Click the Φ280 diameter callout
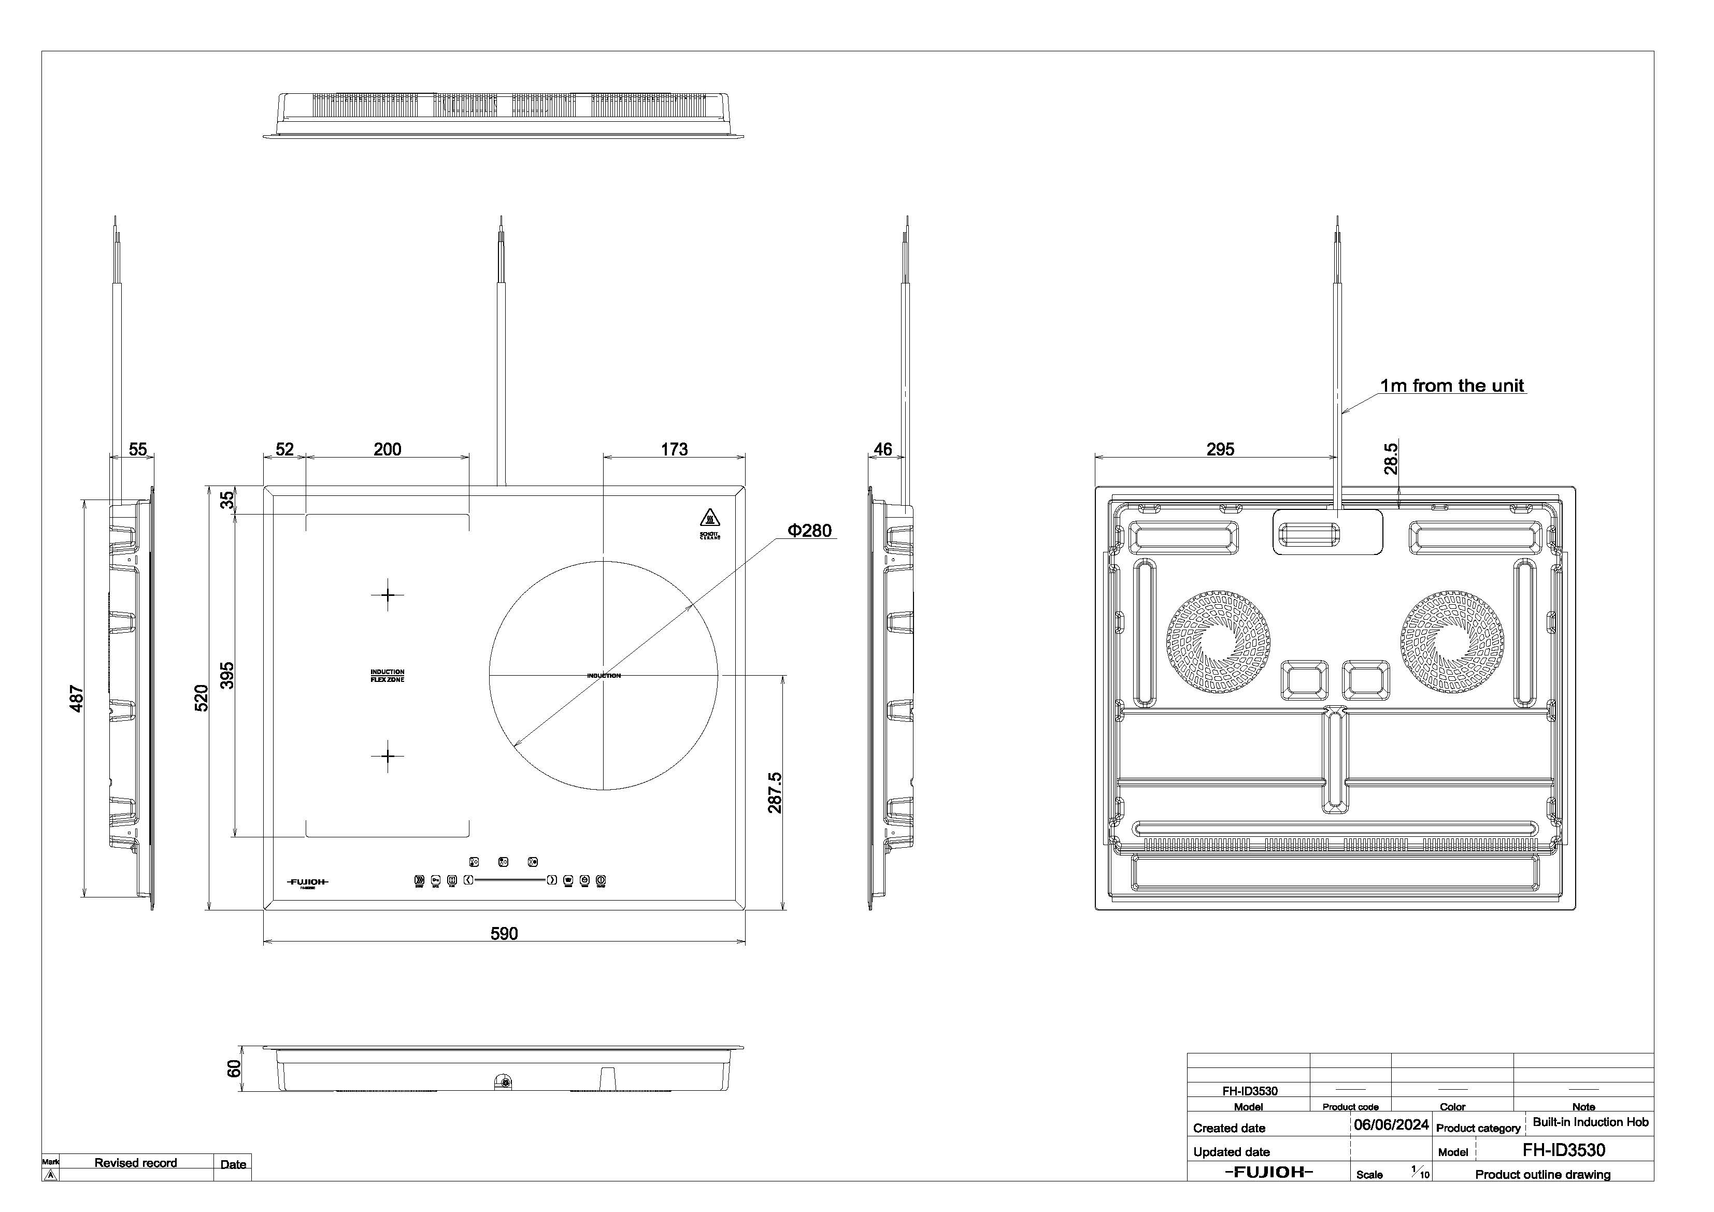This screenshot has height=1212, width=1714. [810, 531]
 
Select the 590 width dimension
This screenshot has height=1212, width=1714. [504, 933]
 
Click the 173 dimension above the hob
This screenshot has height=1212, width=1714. [674, 450]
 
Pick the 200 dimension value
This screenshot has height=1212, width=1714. [388, 450]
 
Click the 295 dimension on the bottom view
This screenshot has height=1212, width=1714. [1221, 450]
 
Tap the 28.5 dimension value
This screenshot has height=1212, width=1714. [1391, 459]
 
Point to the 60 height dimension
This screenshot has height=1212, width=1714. [234, 1068]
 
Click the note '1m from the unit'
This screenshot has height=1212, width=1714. [1452, 386]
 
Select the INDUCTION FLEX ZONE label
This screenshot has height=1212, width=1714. [388, 676]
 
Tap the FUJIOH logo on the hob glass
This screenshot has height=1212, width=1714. [308, 882]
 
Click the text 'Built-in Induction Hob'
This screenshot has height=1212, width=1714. [1590, 1122]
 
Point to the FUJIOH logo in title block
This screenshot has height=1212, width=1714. [1268, 1172]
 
